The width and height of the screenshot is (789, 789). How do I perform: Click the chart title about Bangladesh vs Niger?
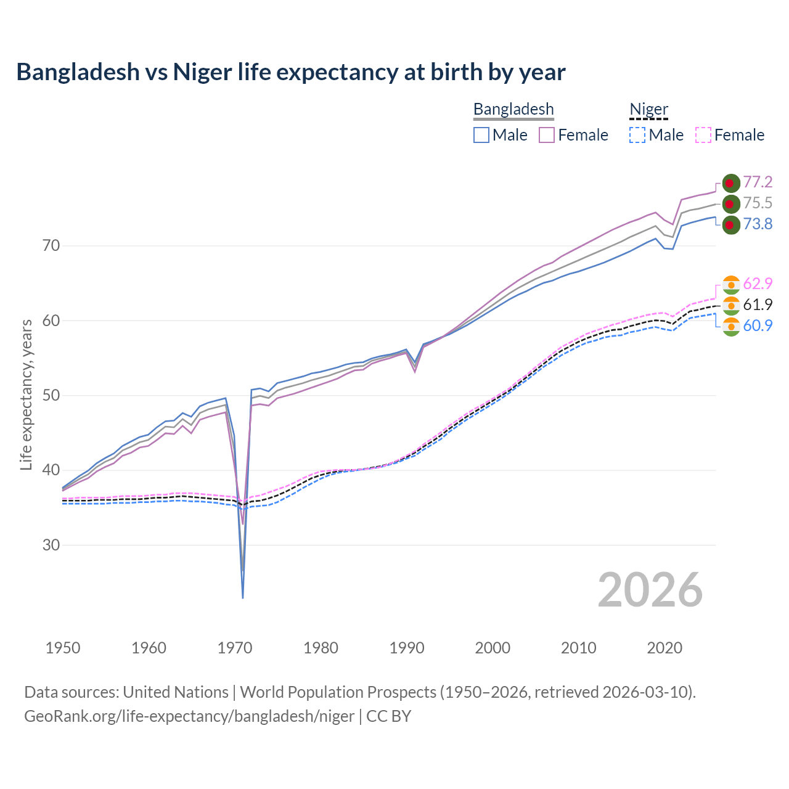pos(290,72)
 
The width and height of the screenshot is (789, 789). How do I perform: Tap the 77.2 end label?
pos(758,182)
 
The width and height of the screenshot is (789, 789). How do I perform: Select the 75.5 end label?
pos(758,203)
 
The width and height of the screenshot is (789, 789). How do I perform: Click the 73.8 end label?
pos(758,224)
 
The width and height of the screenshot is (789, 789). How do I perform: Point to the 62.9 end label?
pos(758,284)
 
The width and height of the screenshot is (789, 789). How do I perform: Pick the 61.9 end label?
pos(758,305)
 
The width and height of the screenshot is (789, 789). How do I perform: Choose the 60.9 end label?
pos(758,325)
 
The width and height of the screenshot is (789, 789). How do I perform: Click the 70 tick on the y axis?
pos(51,246)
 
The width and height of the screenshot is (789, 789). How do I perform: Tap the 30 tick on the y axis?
pos(51,546)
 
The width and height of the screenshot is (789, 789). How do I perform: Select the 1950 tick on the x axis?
pos(63,648)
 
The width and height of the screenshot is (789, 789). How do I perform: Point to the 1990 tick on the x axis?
pos(407,648)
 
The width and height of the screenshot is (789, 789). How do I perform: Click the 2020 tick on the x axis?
pos(664,648)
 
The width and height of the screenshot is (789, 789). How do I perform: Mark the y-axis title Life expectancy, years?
pos(26,394)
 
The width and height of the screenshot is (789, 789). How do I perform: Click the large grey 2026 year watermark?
pos(650,590)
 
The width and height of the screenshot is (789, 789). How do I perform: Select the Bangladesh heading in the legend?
pos(513,110)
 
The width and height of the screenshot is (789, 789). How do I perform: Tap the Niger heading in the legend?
pos(648,110)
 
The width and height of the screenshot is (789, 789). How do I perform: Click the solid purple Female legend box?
pos(547,135)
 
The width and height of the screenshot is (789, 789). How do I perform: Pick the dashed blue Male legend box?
pos(637,135)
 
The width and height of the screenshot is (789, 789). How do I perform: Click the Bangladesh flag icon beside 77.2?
pos(731,183)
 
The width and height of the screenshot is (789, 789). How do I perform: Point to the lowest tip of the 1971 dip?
pos(243,597)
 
